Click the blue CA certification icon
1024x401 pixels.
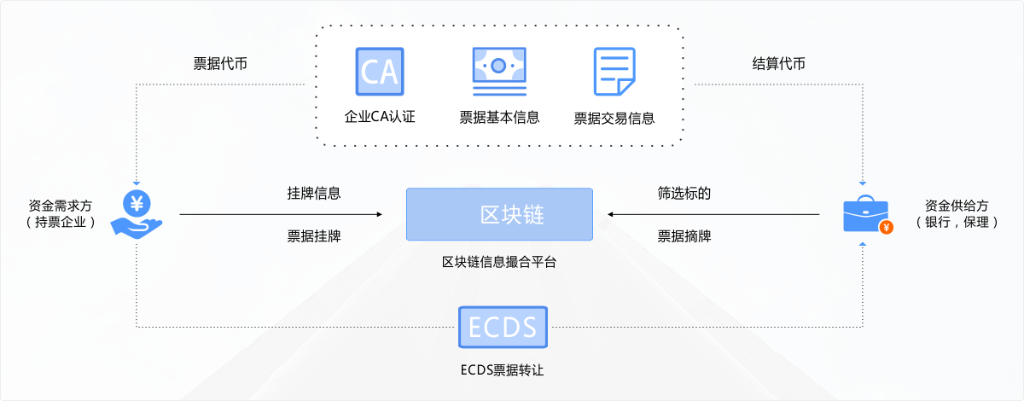(x=379, y=71)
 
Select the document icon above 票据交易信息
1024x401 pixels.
(x=614, y=72)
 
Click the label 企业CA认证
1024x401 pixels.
(x=379, y=117)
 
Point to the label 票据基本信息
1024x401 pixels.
(x=499, y=117)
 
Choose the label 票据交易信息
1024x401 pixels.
(x=614, y=118)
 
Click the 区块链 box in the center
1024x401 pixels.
(x=499, y=214)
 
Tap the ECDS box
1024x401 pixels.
(x=502, y=326)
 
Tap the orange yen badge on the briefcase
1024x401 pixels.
(x=887, y=227)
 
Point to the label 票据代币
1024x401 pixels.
(x=221, y=64)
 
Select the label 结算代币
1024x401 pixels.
(x=778, y=64)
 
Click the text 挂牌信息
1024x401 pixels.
(x=314, y=193)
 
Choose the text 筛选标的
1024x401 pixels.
(x=684, y=193)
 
